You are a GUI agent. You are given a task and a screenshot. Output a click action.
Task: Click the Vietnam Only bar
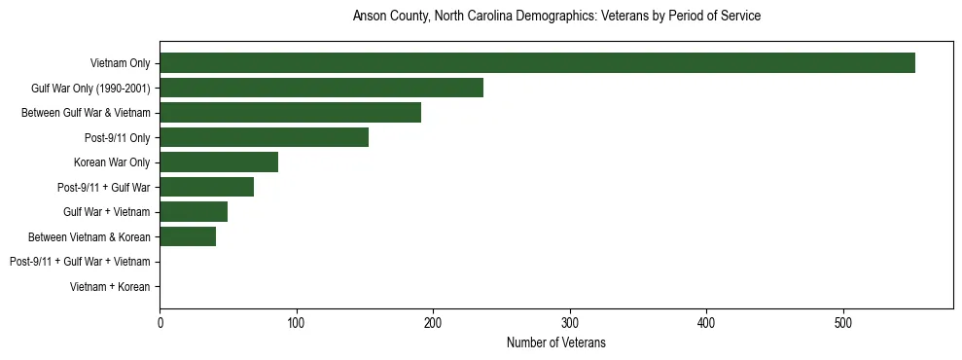tap(537, 63)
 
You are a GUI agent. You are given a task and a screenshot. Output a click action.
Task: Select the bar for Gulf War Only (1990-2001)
tap(321, 88)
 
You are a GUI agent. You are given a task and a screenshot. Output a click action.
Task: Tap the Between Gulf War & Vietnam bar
tap(290, 113)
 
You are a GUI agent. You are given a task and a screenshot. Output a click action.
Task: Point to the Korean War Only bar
tap(219, 162)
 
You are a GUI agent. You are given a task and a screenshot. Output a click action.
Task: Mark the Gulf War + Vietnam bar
tap(194, 211)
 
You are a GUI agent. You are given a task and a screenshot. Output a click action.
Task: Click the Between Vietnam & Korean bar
tap(188, 236)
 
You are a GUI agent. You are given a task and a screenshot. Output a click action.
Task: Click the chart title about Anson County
tap(556, 17)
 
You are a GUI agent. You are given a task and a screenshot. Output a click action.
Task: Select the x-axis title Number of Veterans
tap(556, 342)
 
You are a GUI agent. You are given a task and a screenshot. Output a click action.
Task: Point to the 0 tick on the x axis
tap(160, 322)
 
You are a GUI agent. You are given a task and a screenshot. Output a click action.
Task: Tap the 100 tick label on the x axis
tap(297, 322)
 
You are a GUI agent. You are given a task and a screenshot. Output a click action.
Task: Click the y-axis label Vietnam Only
tap(120, 64)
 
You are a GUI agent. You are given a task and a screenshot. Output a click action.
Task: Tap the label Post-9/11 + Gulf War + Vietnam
tap(80, 262)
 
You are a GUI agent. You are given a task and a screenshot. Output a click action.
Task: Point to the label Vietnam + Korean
tap(111, 287)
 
